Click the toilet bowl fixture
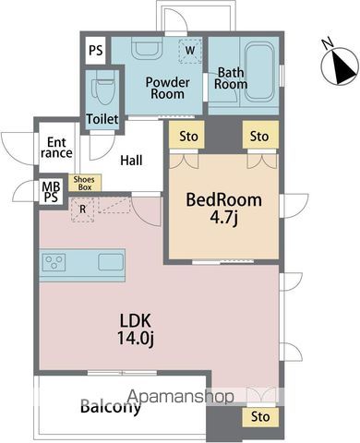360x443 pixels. [104, 88]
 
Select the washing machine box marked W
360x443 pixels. [190, 51]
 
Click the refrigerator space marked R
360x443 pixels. [82, 210]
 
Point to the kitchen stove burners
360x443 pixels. [54, 262]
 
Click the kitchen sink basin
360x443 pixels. [111, 262]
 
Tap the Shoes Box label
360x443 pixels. [84, 183]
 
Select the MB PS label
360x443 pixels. [51, 192]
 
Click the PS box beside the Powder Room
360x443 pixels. [95, 51]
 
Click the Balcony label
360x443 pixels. [111, 407]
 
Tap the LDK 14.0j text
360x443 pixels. [136, 329]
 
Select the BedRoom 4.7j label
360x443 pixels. [223, 210]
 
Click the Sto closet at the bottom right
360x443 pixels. [260, 417]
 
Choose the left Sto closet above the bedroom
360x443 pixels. [186, 135]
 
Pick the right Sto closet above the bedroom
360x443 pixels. [260, 135]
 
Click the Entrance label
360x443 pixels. [56, 148]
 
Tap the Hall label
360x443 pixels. [131, 161]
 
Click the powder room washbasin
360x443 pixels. [147, 48]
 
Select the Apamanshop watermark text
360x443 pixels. [181, 396]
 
